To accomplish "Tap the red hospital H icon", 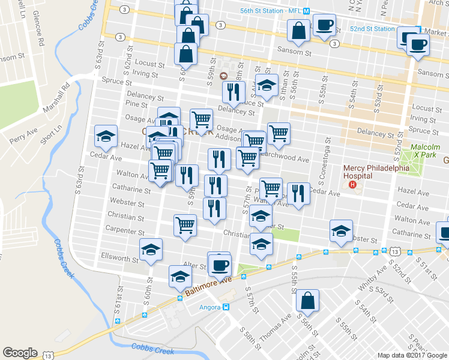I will (x=352, y=184).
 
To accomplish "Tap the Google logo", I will (x=20, y=353).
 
